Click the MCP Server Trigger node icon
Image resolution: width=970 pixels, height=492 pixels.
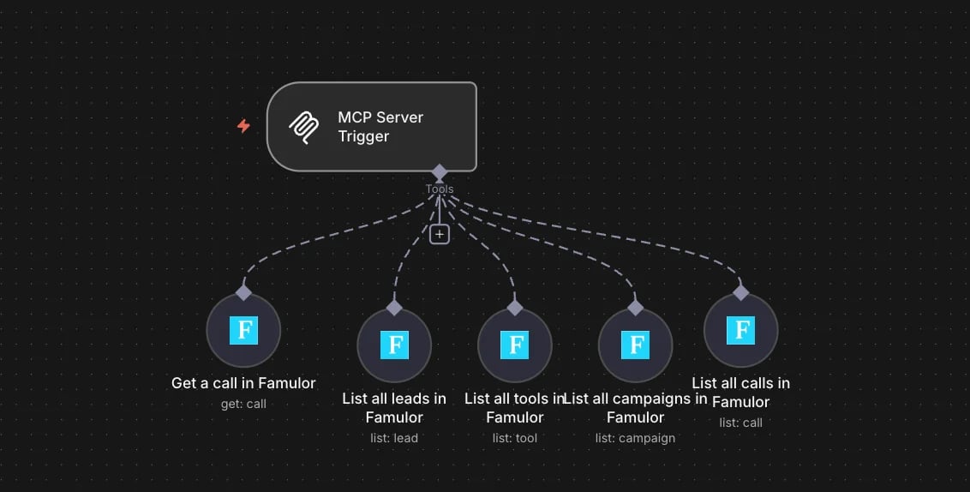(x=304, y=128)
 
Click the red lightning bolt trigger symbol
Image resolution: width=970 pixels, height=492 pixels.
(x=243, y=126)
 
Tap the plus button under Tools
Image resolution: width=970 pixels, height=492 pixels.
(x=440, y=235)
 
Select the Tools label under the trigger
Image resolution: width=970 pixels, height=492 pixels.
(x=440, y=189)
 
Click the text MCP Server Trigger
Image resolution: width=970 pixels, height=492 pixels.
(x=380, y=127)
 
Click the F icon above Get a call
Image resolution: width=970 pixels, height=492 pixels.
(x=243, y=330)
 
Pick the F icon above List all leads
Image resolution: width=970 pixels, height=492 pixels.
(x=394, y=345)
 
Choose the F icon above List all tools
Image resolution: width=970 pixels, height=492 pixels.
(x=515, y=345)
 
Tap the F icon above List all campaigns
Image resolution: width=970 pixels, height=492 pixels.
(x=635, y=345)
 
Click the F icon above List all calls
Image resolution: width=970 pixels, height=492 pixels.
(x=740, y=330)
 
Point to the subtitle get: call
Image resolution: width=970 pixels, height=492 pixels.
(x=243, y=404)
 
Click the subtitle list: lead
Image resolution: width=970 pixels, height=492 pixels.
(x=394, y=438)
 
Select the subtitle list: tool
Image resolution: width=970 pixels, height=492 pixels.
(x=515, y=438)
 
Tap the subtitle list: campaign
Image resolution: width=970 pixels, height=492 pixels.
(x=635, y=438)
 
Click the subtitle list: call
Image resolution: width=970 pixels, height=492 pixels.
(x=740, y=423)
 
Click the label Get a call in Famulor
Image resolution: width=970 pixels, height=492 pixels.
(x=243, y=383)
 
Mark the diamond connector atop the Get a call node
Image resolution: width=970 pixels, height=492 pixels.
(x=243, y=292)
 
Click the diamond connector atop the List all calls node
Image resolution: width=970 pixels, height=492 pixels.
(x=740, y=292)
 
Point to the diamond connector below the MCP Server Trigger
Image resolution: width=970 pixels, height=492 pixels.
(x=440, y=172)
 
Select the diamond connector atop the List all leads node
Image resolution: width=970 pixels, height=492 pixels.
(x=394, y=307)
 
